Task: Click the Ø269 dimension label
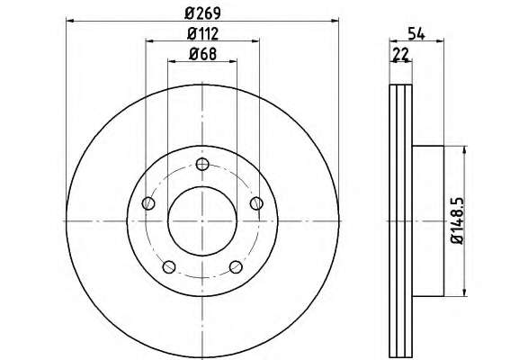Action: (x=202, y=13)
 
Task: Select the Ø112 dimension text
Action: (x=202, y=33)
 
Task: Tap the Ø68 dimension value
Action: (x=202, y=54)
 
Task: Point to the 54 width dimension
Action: (x=416, y=33)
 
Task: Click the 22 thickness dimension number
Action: (x=400, y=54)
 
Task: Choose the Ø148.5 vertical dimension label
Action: (x=458, y=220)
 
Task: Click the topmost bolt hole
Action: (x=202, y=164)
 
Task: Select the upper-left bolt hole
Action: (x=148, y=203)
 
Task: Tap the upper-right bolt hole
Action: (x=256, y=203)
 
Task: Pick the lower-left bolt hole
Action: (x=169, y=267)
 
